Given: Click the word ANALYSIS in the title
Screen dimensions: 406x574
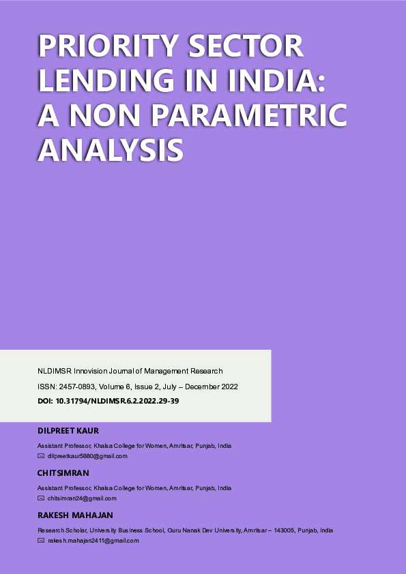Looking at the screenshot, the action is point(111,149).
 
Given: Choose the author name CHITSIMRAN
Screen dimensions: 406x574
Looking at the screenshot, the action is point(63,473).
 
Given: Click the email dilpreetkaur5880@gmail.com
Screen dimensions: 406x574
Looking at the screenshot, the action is point(87,456).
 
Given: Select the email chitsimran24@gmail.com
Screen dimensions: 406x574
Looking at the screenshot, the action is point(82,498).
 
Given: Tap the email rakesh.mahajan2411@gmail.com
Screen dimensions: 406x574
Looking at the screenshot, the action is point(93,541).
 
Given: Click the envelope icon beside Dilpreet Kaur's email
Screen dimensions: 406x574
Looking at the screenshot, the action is point(41,456).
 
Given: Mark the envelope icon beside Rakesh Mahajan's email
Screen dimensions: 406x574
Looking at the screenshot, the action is point(41,541).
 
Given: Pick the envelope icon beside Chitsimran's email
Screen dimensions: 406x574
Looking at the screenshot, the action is point(41,498).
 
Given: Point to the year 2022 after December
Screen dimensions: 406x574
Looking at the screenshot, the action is point(229,387).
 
